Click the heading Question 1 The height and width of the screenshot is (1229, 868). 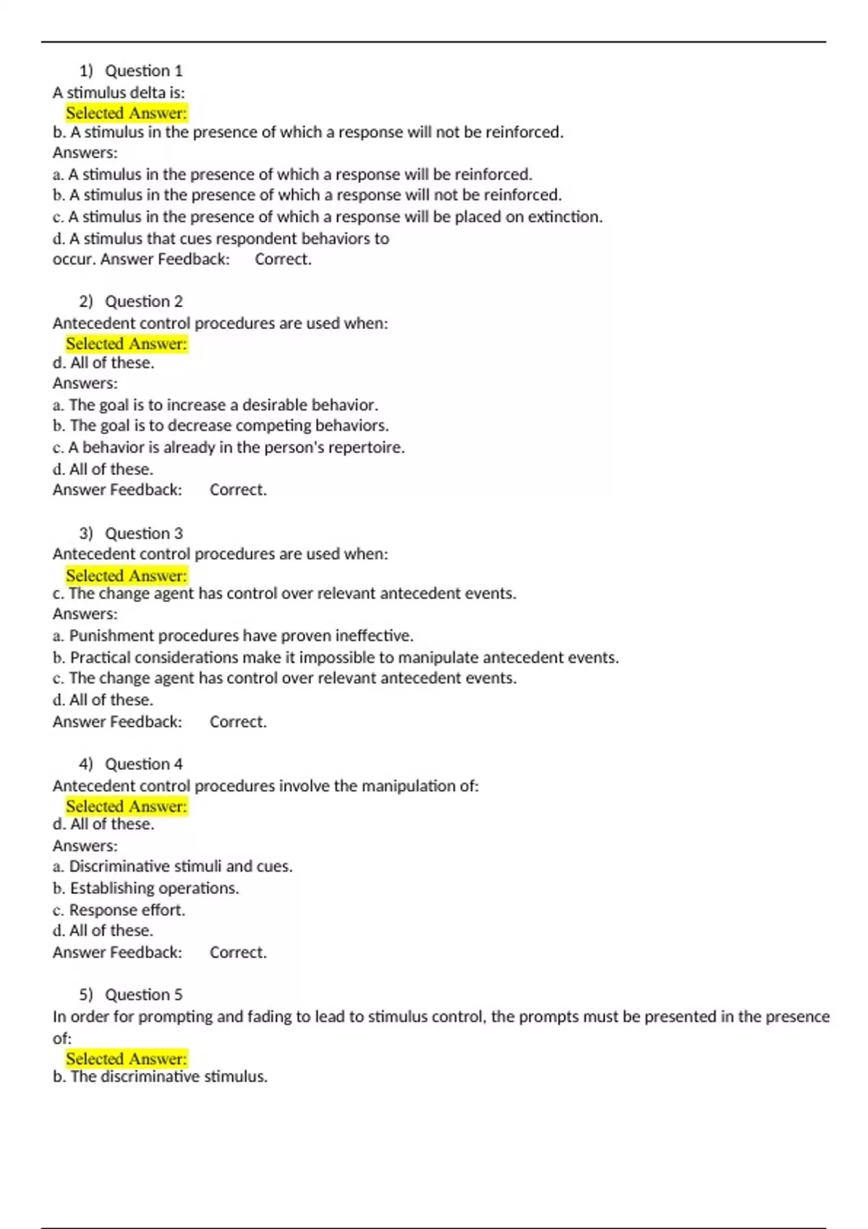(x=143, y=71)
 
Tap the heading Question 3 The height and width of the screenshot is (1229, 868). (x=143, y=534)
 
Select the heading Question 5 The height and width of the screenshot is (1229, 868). (x=143, y=995)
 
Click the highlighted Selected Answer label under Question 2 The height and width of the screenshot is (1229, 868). (x=127, y=344)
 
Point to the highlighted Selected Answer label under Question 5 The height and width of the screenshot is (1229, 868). (x=127, y=1059)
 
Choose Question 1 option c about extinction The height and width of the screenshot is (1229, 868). (x=328, y=217)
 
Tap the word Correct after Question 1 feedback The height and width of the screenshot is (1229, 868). (x=283, y=260)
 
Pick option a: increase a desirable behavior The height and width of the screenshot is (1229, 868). (x=216, y=405)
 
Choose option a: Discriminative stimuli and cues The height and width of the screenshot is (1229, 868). (x=173, y=867)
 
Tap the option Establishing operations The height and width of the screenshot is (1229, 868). (x=146, y=888)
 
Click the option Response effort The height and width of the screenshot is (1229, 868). (x=119, y=910)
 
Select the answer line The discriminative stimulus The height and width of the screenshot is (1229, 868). (x=161, y=1077)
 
